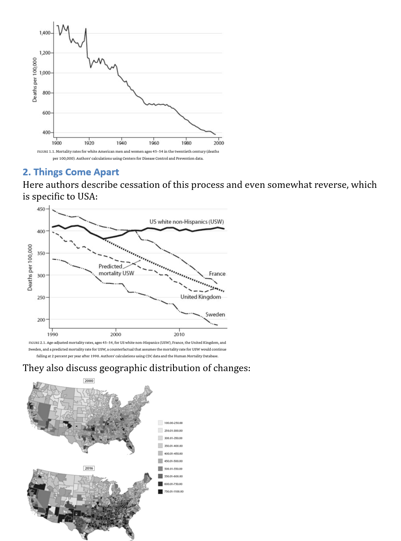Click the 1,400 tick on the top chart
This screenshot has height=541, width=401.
pyautogui.click(x=45, y=33)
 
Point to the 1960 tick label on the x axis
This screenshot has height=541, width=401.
pyautogui.click(x=154, y=143)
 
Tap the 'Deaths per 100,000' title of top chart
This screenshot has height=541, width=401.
pyautogui.click(x=35, y=79)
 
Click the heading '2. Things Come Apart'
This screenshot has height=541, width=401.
pyautogui.click(x=71, y=172)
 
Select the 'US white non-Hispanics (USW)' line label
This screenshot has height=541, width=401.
pyautogui.click(x=186, y=222)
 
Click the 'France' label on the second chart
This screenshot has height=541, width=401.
pyautogui.click(x=217, y=274)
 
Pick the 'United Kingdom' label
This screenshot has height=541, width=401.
pyautogui.click(x=200, y=297)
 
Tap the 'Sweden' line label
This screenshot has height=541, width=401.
pyautogui.click(x=215, y=314)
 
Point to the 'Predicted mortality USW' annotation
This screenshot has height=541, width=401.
pyautogui.click(x=116, y=269)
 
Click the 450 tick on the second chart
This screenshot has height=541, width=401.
pyautogui.click(x=41, y=209)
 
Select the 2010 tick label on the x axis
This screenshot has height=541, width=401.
pyautogui.click(x=179, y=334)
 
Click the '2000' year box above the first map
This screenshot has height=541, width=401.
pyautogui.click(x=89, y=381)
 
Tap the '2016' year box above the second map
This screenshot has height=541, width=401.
pyautogui.click(x=89, y=468)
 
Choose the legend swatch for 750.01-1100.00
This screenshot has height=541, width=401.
pyautogui.click(x=160, y=492)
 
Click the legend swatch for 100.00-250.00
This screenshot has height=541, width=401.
pyautogui.click(x=160, y=423)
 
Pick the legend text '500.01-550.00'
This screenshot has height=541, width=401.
pyautogui.click(x=173, y=469)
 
